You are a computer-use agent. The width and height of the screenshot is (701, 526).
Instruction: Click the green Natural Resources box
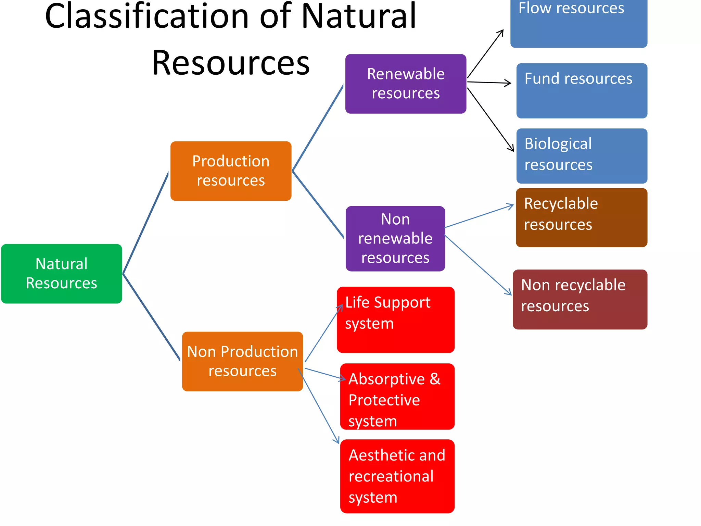click(x=62, y=274)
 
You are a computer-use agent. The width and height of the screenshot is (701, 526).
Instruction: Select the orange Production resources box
click(x=231, y=171)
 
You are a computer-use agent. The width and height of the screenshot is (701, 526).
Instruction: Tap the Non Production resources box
click(x=242, y=361)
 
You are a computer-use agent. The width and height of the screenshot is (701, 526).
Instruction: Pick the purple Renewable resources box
click(x=406, y=84)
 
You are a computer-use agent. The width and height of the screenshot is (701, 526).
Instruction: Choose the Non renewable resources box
click(x=395, y=238)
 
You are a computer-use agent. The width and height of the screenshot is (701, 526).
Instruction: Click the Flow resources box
click(x=578, y=24)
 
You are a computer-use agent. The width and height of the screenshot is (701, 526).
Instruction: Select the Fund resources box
click(x=582, y=91)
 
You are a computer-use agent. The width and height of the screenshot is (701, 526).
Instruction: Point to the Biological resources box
click(x=582, y=156)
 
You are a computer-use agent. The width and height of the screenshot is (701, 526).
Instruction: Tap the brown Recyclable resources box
click(x=581, y=217)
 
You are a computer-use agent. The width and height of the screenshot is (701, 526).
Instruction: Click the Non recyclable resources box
click(x=580, y=299)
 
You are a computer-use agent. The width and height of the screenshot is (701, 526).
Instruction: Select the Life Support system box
click(x=395, y=320)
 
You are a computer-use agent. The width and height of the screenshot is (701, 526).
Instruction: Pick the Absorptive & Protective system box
click(x=397, y=396)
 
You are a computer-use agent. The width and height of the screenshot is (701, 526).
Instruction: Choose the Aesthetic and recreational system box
click(x=397, y=476)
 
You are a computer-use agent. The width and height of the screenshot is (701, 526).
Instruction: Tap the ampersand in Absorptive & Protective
click(x=435, y=379)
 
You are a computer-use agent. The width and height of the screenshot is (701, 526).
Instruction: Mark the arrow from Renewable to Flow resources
click(x=485, y=53)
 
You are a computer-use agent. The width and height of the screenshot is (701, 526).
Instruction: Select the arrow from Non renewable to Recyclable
click(x=479, y=216)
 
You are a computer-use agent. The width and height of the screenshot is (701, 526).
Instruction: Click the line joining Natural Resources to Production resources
click(x=145, y=223)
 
